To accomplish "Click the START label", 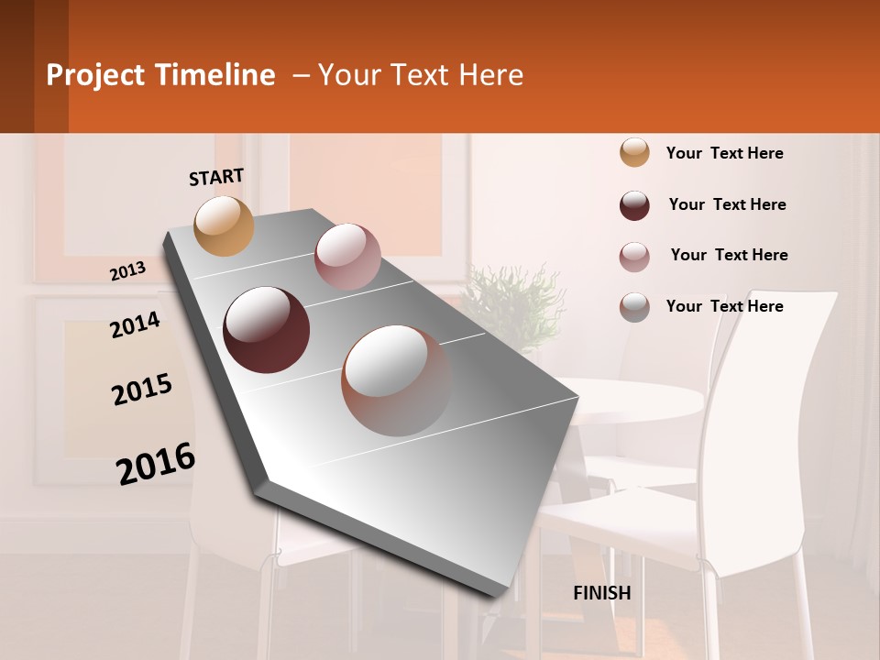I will [216, 176].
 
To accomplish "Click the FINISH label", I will [601, 593].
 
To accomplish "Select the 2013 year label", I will [127, 270].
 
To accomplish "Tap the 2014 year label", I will [135, 324].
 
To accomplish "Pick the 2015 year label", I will [142, 390].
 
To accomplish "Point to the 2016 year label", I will [156, 464].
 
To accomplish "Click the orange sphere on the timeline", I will [225, 225].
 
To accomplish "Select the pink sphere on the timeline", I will [347, 257].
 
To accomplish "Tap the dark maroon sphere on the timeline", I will [267, 329].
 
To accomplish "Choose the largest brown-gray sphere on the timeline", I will [396, 380].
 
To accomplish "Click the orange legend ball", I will [634, 153].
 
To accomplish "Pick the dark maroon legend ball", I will [634, 205].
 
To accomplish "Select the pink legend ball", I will [634, 257].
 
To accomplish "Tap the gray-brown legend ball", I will [634, 307].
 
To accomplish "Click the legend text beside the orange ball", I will [724, 153].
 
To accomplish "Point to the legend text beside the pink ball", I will [729, 255].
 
